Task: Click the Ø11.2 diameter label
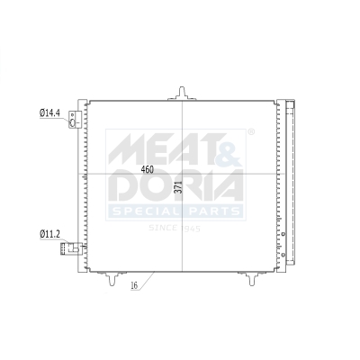coord(49,235)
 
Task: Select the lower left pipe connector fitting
coord(72,245)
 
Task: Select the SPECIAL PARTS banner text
coord(175,211)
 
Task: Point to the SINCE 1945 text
coord(175,229)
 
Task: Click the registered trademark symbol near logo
coord(250,132)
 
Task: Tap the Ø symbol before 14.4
coord(40,113)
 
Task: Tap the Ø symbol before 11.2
coord(40,235)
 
